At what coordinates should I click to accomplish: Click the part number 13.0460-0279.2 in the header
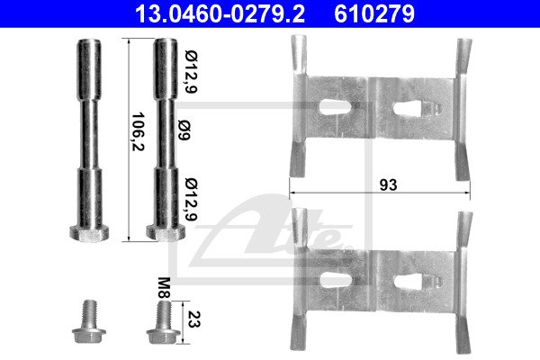[220, 13]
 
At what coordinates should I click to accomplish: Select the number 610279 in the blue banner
[374, 13]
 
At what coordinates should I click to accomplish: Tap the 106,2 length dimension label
[138, 131]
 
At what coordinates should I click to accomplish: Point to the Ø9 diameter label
[184, 130]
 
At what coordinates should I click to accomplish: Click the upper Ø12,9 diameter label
[191, 72]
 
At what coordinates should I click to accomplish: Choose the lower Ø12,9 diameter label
[191, 200]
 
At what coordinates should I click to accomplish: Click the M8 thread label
[165, 288]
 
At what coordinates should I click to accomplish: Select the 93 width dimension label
[388, 185]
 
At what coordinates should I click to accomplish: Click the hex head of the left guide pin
[89, 233]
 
